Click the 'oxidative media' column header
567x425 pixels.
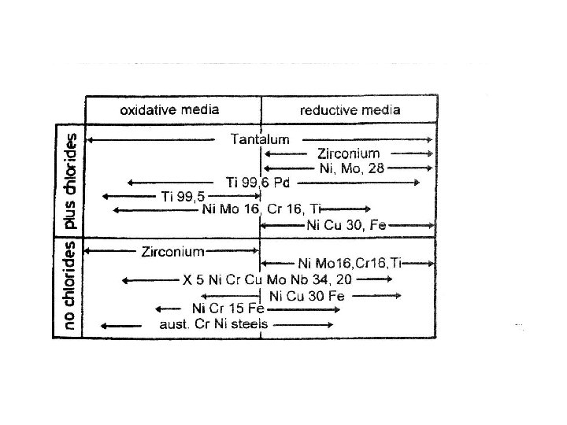[169, 109]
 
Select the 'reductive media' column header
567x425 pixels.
[350, 109]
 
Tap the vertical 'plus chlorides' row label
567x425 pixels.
[70, 180]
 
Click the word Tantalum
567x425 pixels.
[260, 139]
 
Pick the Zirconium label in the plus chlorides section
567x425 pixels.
[348, 153]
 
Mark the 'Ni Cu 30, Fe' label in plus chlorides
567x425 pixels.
[346, 224]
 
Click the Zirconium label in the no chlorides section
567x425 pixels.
[173, 252]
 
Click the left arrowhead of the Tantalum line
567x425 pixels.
[88, 139]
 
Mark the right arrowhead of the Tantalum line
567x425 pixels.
[430, 139]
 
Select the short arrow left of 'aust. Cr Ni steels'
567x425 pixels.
[117, 324]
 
